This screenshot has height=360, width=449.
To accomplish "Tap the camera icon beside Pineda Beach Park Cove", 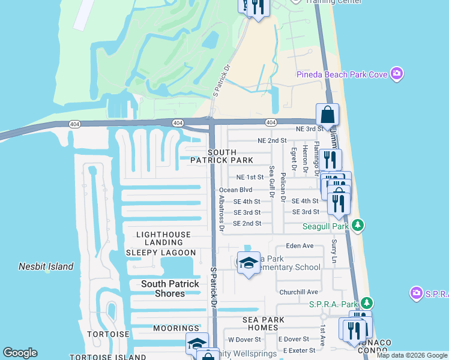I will (x=396, y=74).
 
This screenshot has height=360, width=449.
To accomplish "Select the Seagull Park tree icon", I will (x=358, y=226).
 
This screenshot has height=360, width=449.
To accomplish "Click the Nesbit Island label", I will (x=46, y=266).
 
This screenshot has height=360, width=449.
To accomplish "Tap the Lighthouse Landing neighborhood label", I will (x=163, y=238).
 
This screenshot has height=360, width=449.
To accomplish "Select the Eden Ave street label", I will (x=300, y=246).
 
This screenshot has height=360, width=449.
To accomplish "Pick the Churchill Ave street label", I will (x=298, y=292).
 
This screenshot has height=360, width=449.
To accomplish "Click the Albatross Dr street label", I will (x=221, y=213).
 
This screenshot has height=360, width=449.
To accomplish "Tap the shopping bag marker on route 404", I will (x=327, y=113).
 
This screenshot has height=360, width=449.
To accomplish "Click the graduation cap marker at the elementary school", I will (x=249, y=263).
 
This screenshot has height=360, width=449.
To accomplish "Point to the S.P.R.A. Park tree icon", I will (x=366, y=305).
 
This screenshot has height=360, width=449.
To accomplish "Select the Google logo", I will (x=20, y=353).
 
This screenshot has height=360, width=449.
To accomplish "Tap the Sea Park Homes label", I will (x=268, y=324).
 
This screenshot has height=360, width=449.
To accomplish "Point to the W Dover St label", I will (x=243, y=340).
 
